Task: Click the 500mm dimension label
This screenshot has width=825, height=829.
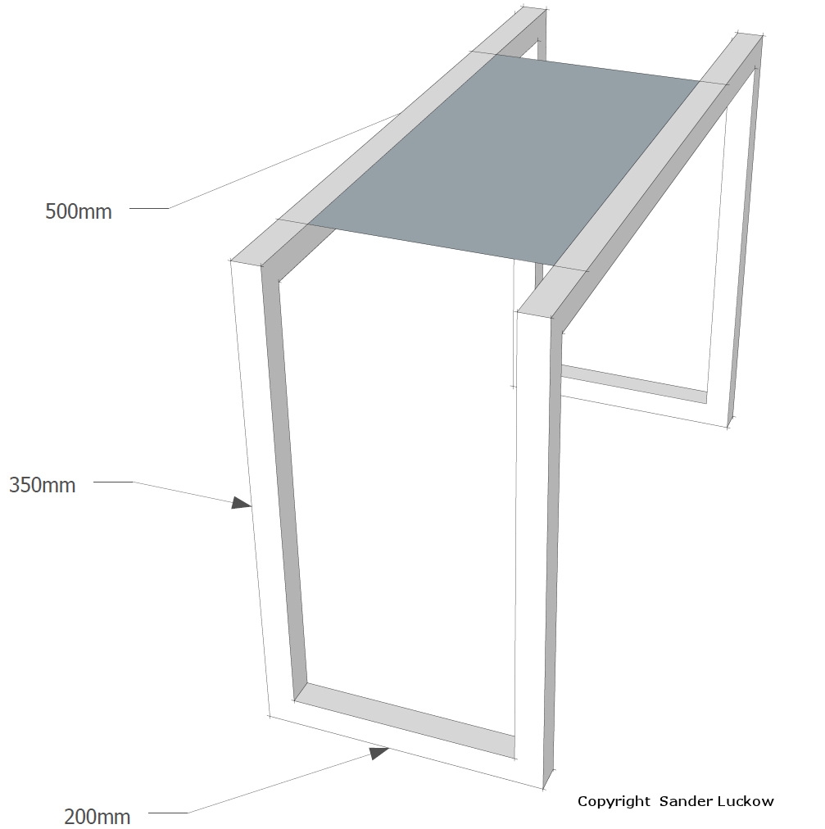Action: tap(79, 211)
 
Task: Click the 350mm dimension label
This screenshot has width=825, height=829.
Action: tap(43, 485)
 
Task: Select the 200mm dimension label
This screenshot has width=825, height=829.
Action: tap(97, 817)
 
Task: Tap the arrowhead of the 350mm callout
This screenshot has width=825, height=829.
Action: tap(241, 503)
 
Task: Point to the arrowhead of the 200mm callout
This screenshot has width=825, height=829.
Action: tap(379, 752)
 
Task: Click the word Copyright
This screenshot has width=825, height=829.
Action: tap(614, 801)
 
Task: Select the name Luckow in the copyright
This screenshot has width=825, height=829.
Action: tap(743, 801)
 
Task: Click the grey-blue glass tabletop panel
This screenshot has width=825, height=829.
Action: tap(502, 159)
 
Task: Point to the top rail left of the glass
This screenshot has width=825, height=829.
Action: tap(386, 138)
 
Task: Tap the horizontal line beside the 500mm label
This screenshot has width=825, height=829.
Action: tap(149, 208)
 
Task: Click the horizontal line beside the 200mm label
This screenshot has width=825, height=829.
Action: tap(168, 813)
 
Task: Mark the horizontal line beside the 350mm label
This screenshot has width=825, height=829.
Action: tap(113, 482)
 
